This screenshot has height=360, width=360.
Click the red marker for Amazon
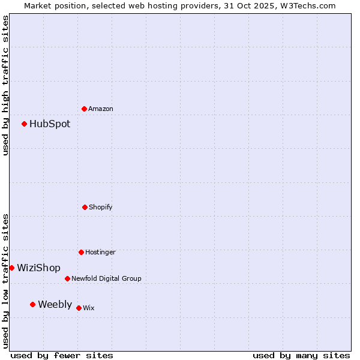[x=84, y=109]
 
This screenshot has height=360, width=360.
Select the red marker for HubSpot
[x=25, y=124]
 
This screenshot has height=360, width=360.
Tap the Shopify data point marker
[x=85, y=207]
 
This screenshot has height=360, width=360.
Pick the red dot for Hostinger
[x=81, y=252]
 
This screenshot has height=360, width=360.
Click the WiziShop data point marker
[x=11, y=268]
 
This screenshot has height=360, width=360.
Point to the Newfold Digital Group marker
[x=67, y=278]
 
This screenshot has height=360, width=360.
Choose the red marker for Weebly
[x=32, y=304]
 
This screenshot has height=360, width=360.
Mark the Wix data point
[x=79, y=308]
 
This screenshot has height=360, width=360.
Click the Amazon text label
[x=101, y=109]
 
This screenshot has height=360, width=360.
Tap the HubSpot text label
[x=50, y=124]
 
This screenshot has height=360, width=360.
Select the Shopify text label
[x=101, y=208]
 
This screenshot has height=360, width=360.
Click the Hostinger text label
[x=100, y=253]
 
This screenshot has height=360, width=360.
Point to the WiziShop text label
[x=38, y=268]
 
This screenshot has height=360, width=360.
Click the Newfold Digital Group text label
[x=106, y=279]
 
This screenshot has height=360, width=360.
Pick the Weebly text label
[x=55, y=305]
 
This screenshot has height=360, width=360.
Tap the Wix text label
[x=89, y=308]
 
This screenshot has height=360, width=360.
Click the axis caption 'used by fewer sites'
[x=62, y=355]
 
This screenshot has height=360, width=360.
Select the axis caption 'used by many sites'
[x=301, y=355]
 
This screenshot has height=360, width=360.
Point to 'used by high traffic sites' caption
[x=5, y=86]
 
